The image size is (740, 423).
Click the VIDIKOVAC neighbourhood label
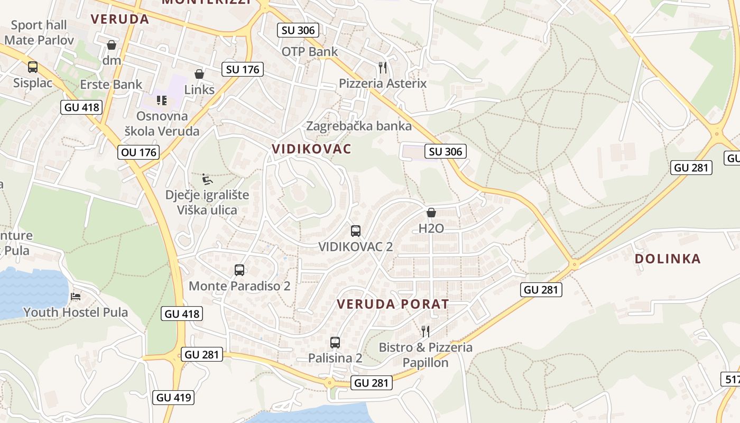[311, 149]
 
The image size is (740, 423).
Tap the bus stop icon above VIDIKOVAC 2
[356, 231]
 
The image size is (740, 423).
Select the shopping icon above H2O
[431, 213]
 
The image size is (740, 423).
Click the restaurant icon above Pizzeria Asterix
[383, 67]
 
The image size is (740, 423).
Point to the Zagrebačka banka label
[359, 126]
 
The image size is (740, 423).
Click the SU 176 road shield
[242, 69]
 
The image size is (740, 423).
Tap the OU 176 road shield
[138, 153]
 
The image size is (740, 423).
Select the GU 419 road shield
[173, 398]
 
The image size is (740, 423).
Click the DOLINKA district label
[668, 259]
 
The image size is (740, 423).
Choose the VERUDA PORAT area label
[393, 304]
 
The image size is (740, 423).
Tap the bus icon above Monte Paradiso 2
[239, 270]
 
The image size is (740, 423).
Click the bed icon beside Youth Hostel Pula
[76, 296]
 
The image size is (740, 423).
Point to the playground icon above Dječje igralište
[208, 179]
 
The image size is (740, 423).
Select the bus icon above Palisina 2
[335, 342]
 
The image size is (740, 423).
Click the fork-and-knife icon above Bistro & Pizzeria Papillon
[425, 332]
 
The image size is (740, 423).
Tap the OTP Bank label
[309, 52]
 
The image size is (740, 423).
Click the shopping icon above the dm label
[112, 45]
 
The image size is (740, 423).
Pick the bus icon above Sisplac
[33, 67]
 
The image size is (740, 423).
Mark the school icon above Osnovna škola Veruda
[162, 100]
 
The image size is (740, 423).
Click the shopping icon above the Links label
[199, 74]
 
